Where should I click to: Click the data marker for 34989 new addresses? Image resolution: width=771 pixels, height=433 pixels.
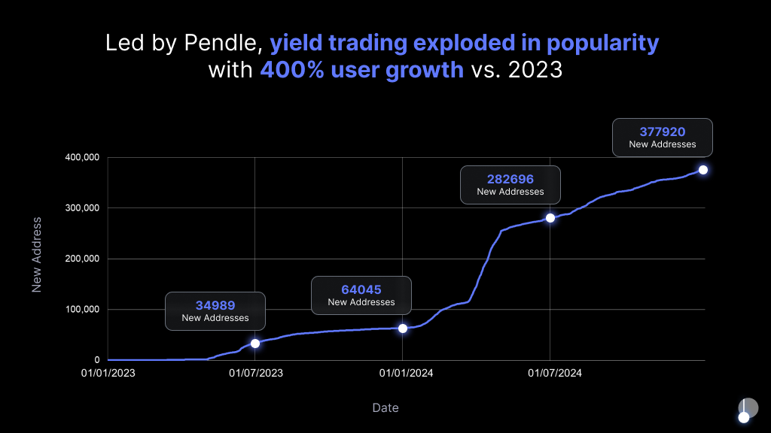pos(255,344)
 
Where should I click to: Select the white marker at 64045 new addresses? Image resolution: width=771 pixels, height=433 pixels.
pos(403,329)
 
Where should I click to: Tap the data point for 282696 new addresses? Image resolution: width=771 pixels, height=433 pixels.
pos(550,218)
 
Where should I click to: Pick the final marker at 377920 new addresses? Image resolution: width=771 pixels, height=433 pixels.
pos(703,170)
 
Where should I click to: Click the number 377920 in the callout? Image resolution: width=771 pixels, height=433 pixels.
pos(663,132)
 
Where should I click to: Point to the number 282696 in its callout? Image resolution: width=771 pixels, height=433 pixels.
pos(510,179)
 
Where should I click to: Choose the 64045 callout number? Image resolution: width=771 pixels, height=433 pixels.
pos(361,289)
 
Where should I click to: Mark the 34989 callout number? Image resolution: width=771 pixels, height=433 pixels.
pos(215,305)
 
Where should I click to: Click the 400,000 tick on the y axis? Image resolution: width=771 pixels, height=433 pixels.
pos(82,158)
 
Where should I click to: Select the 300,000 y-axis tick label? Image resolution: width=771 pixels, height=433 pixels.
pos(82,208)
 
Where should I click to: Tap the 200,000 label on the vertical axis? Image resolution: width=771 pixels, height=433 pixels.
pos(82,259)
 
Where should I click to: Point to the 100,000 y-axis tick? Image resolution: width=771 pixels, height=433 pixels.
pos(82,310)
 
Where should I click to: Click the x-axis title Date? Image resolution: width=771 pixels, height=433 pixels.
pos(385,408)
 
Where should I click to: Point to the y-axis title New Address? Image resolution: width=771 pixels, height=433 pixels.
pos(36,255)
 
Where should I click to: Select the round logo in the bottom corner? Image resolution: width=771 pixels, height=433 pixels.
pos(747,409)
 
